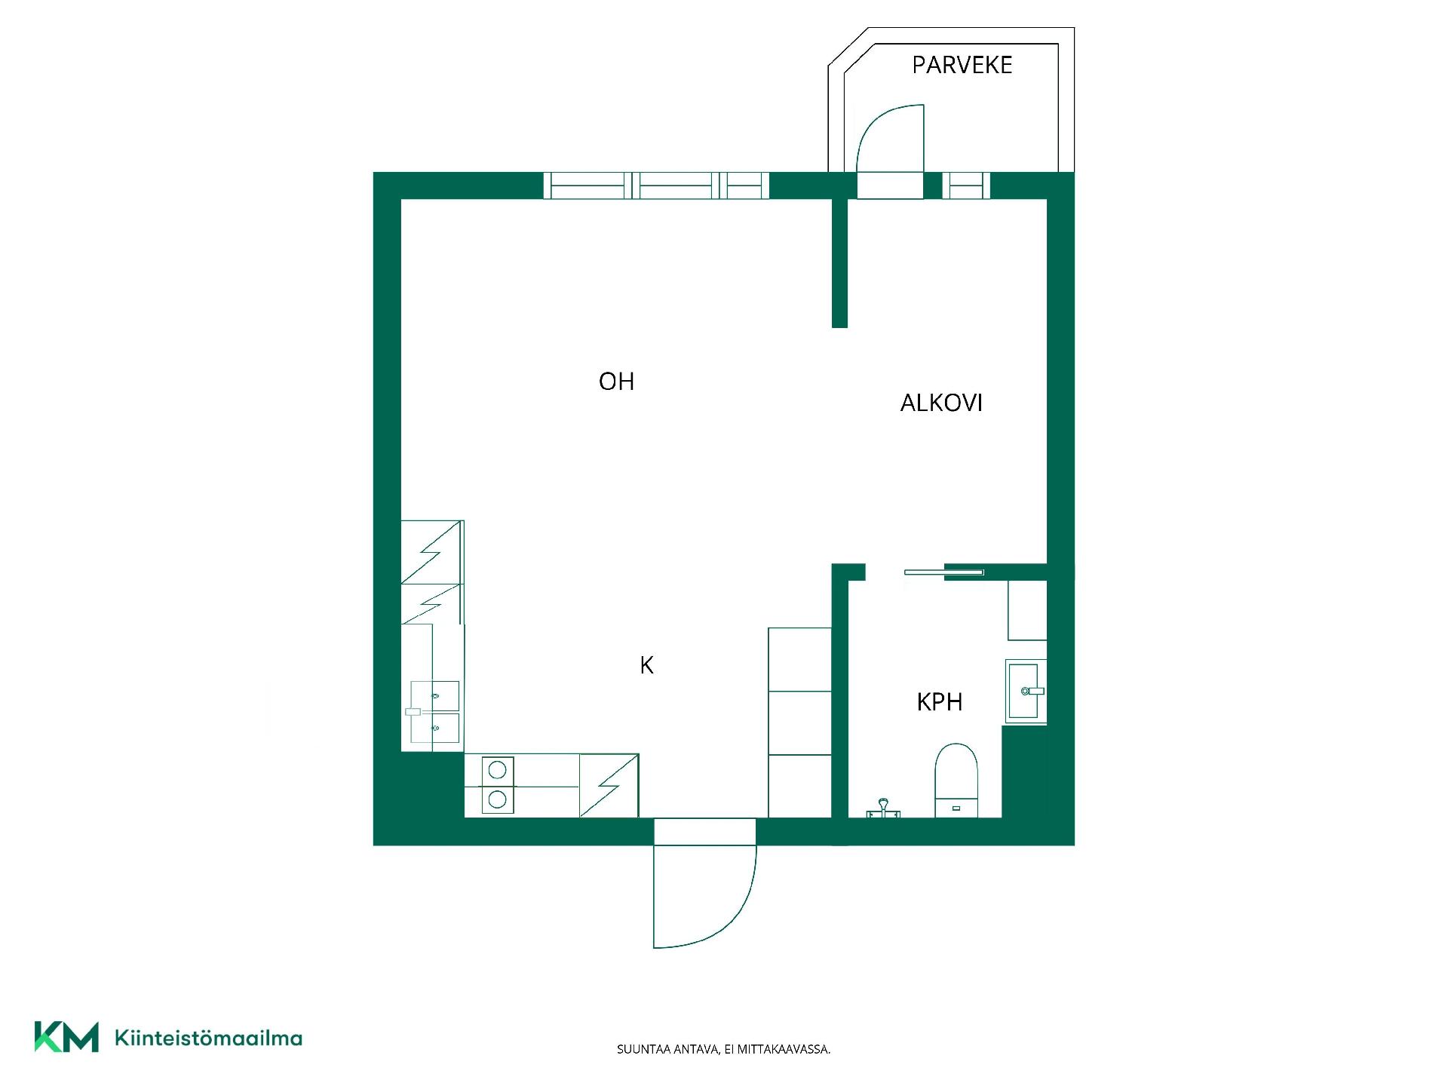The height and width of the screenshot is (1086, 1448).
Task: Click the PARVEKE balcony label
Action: point(962,65)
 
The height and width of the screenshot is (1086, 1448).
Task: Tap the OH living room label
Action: point(616,382)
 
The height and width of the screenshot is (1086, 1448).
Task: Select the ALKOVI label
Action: point(941,403)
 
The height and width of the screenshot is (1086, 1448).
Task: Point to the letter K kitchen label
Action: point(646,665)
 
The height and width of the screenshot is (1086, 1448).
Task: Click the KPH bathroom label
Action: point(940,702)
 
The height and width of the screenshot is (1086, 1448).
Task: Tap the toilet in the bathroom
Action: point(956,781)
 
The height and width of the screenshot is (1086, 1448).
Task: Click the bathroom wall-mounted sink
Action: point(1026,690)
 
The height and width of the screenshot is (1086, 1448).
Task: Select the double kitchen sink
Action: point(434,711)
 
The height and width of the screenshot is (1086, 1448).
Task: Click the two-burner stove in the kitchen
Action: point(497,785)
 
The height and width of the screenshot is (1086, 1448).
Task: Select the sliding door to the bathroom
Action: point(943,572)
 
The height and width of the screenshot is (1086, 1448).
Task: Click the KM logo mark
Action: point(66,1037)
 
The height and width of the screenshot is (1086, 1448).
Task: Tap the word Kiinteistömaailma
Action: point(208,1038)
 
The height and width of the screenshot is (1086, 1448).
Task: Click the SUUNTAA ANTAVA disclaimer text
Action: point(723,1049)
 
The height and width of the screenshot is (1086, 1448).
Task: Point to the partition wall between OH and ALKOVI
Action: point(839,263)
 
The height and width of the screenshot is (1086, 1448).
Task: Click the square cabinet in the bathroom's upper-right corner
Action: point(1027,610)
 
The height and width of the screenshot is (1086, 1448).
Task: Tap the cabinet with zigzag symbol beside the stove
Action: point(609,785)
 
